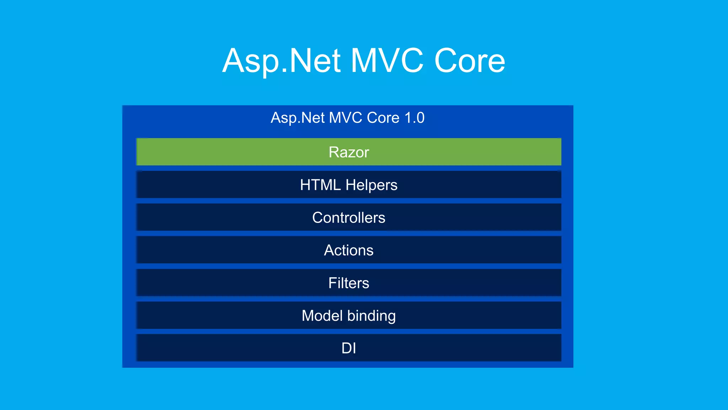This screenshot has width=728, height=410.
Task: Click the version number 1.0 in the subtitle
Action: click(x=414, y=118)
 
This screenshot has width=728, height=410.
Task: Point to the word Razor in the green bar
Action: click(x=349, y=152)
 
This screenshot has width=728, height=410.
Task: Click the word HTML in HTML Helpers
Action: click(x=320, y=185)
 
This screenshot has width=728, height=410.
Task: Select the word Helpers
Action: click(x=371, y=185)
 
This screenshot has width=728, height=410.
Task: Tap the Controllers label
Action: click(x=349, y=218)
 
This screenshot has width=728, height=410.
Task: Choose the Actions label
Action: click(x=349, y=251)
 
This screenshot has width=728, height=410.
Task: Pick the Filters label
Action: click(x=349, y=283)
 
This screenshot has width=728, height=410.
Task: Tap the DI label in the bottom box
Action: click(x=349, y=348)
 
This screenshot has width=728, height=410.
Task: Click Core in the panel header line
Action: click(x=383, y=118)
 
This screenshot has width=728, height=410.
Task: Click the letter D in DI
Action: click(x=346, y=348)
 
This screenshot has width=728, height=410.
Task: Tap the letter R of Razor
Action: click(x=334, y=152)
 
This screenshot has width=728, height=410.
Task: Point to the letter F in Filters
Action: click(x=332, y=283)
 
